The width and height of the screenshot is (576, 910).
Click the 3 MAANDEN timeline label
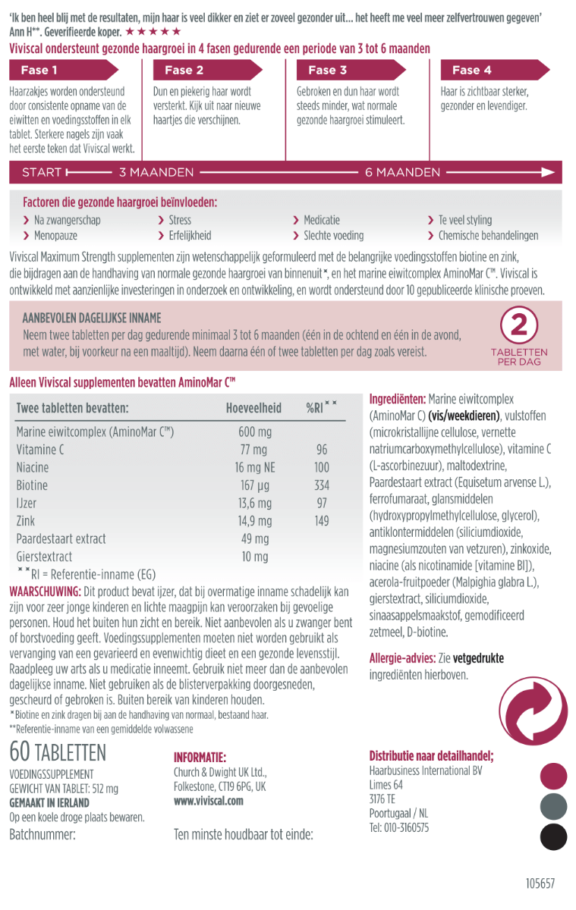click(x=156, y=172)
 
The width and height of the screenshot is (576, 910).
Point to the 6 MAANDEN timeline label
click(x=402, y=172)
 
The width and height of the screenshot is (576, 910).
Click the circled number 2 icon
click(x=519, y=326)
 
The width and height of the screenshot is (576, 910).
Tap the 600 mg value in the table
click(x=255, y=432)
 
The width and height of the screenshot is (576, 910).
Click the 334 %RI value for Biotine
click(x=322, y=485)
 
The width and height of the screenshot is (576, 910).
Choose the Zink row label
click(x=26, y=521)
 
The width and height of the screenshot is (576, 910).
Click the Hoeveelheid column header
click(x=253, y=408)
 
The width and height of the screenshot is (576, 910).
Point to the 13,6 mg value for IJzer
click(x=254, y=504)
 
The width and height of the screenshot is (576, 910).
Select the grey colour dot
click(x=553, y=806)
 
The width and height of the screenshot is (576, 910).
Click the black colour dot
click(x=553, y=836)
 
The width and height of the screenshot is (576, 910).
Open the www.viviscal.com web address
click(x=209, y=801)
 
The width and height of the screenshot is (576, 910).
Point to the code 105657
click(x=540, y=883)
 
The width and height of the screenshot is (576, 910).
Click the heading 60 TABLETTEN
click(x=58, y=752)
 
